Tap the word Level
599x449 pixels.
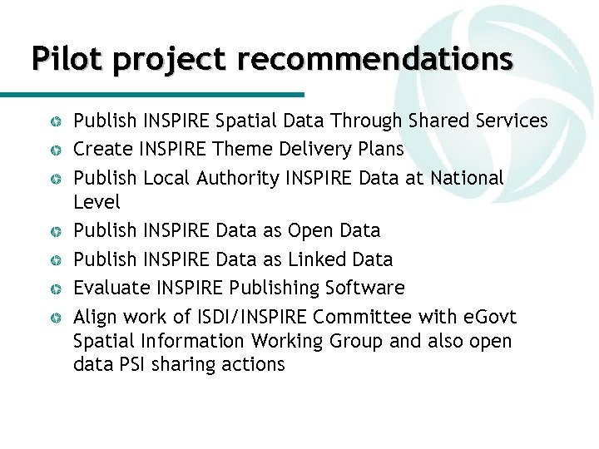tap(97, 202)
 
